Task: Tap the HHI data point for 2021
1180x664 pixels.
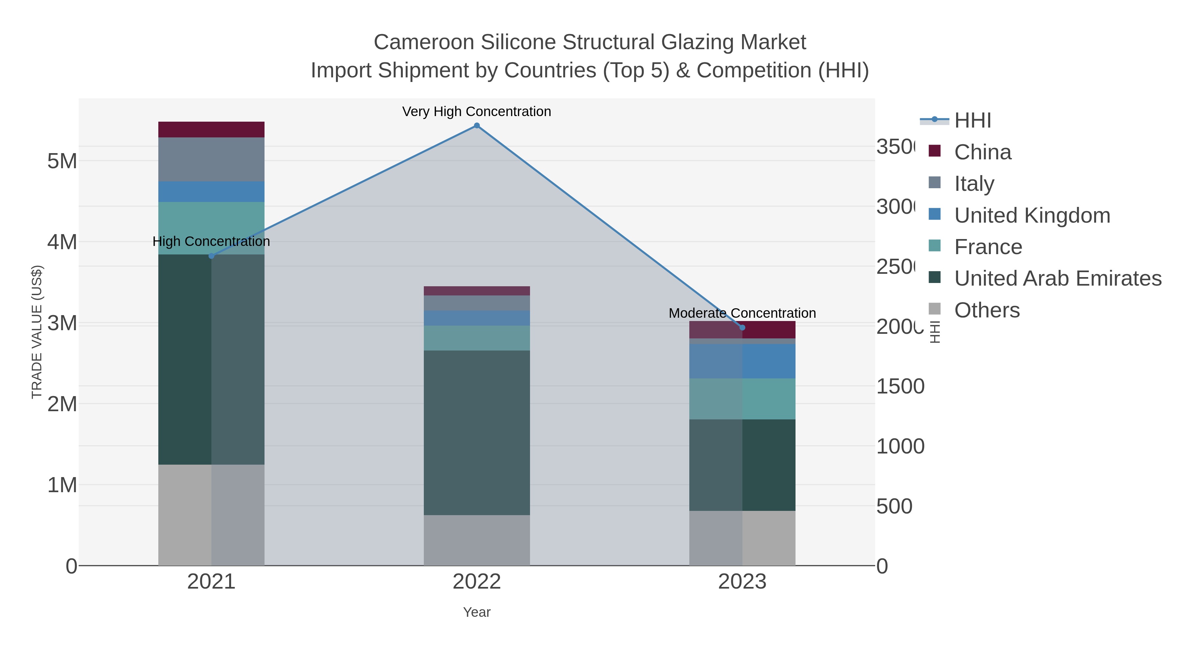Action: (211, 256)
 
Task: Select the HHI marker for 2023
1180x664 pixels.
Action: (742, 328)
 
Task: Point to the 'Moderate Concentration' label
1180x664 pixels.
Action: (742, 313)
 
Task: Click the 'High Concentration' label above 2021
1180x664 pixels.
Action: (211, 241)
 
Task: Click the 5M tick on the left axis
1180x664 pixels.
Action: (62, 161)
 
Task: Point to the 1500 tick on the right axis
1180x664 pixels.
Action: (900, 386)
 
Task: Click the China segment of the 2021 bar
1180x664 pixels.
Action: (211, 130)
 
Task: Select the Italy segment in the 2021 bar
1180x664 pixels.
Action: (211, 159)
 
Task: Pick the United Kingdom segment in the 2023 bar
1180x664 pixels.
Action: (742, 361)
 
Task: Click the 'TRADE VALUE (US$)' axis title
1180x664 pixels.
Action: (37, 332)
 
